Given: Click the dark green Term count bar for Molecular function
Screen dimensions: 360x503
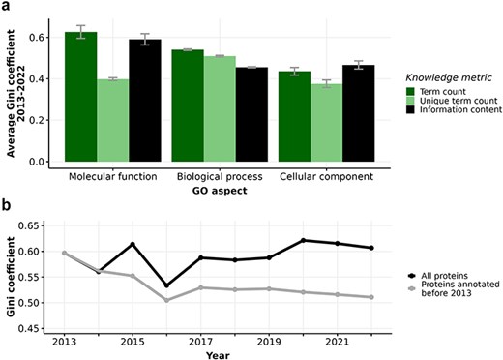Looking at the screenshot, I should (x=81, y=97).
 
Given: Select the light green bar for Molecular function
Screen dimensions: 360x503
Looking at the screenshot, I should (x=113, y=120).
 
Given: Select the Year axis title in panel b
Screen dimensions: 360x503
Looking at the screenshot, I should (x=217, y=354).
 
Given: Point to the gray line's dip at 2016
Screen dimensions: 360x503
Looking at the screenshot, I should (x=138, y=300).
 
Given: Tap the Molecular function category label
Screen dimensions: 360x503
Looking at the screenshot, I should (x=114, y=178).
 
